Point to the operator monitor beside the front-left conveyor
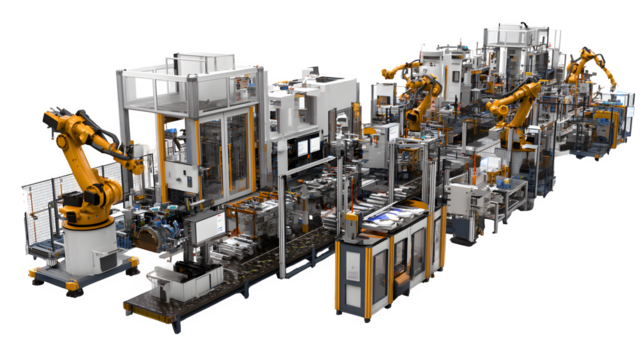tap(210, 226)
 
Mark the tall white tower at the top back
tap(510, 45)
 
